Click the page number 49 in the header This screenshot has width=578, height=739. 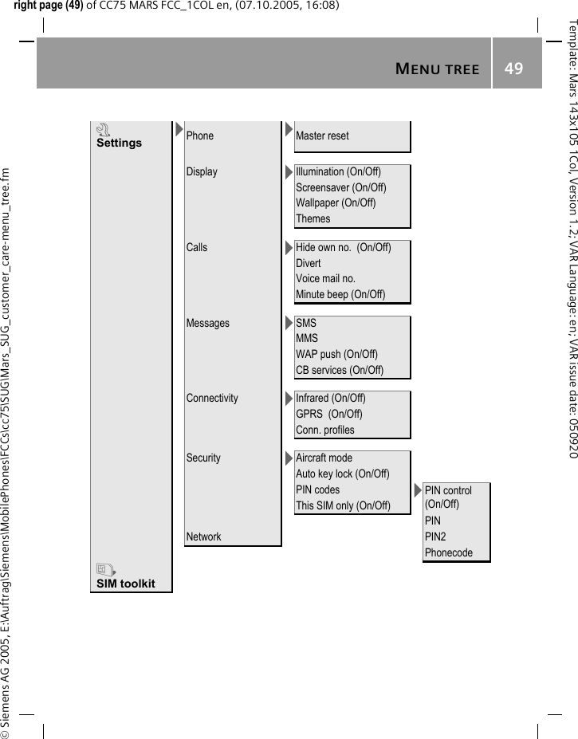tap(514, 69)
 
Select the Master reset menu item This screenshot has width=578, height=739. tap(322, 136)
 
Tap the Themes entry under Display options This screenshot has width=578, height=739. tap(313, 218)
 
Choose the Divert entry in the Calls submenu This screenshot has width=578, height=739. tap(309, 263)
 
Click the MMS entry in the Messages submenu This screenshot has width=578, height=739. tap(307, 339)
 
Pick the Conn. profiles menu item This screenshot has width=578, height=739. tap(325, 430)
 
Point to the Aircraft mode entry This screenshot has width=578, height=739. tap(324, 458)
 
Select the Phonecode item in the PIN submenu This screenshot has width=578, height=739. tap(448, 552)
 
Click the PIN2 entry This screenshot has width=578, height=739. tap(435, 537)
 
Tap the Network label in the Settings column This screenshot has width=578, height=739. tap(203, 537)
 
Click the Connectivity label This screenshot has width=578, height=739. tap(212, 398)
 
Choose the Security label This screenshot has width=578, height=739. tap(203, 458)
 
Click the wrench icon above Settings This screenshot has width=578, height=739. tap(102, 129)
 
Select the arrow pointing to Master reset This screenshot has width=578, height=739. tap(288, 128)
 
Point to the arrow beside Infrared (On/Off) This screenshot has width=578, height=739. tap(289, 398)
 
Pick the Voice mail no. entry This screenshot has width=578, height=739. tap(325, 279)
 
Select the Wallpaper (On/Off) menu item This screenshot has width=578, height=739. tap(336, 202)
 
